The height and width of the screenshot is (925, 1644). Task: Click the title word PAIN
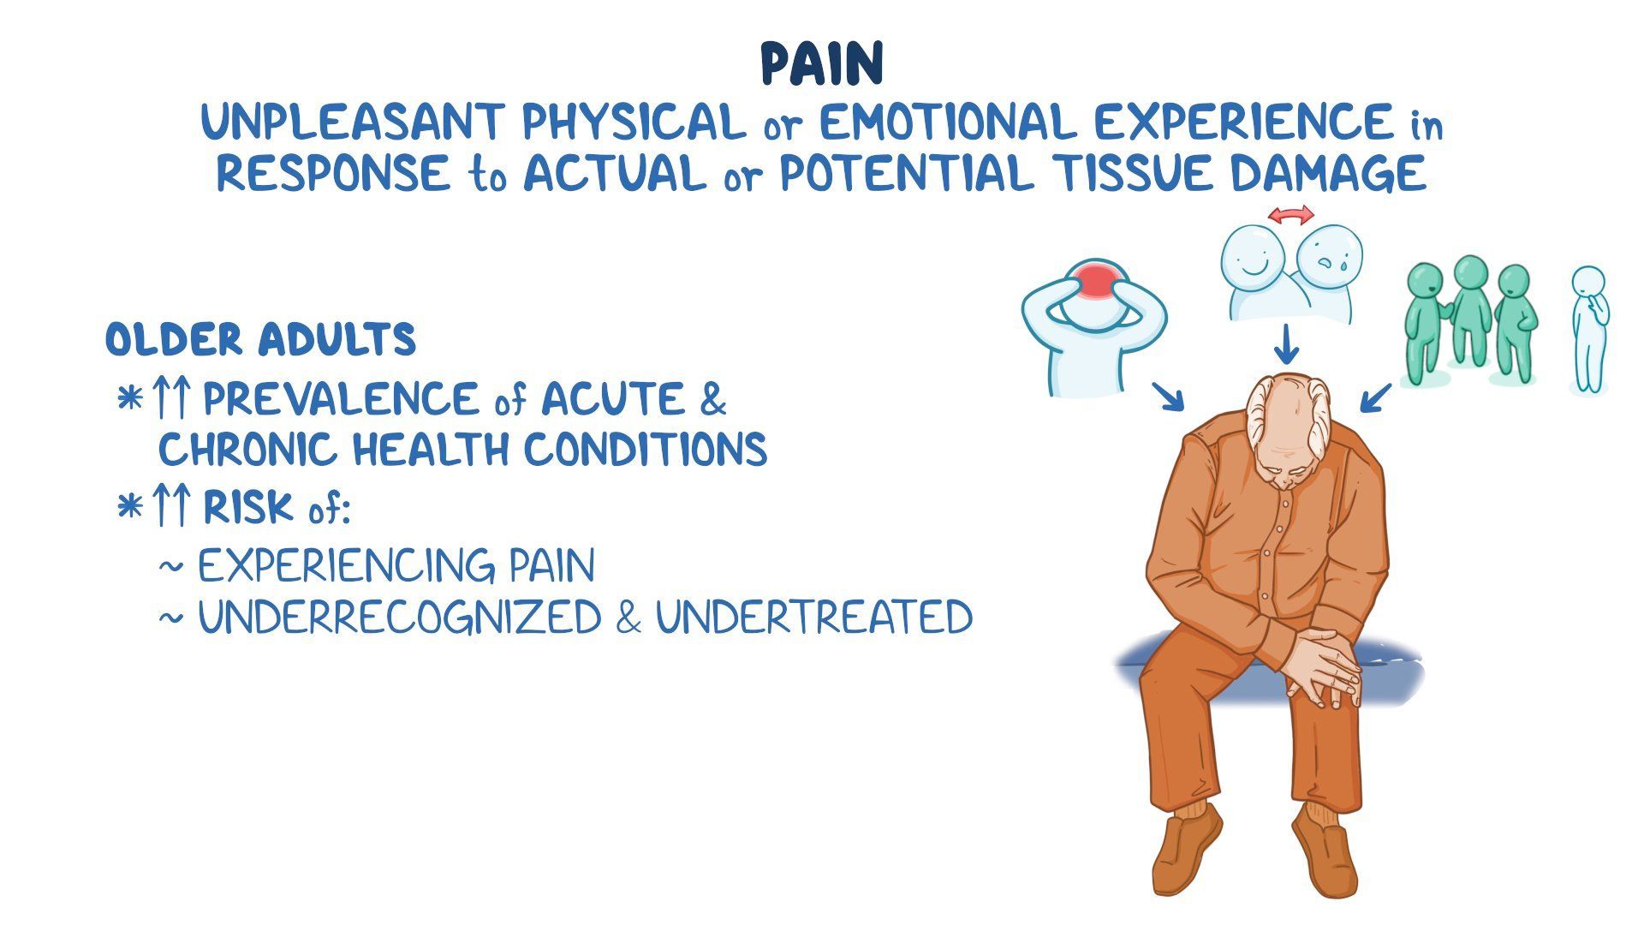822,64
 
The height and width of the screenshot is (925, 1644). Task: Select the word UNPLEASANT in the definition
351,122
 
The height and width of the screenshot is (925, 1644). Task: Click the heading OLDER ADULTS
260,340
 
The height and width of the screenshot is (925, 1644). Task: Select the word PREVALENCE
341,399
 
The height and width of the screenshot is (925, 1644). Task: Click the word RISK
247,508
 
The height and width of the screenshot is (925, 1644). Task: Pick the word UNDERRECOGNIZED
399,618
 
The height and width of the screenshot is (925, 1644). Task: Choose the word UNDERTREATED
813,618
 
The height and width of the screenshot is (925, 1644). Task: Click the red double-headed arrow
1290,215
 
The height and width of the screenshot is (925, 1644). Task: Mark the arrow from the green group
1375,398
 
